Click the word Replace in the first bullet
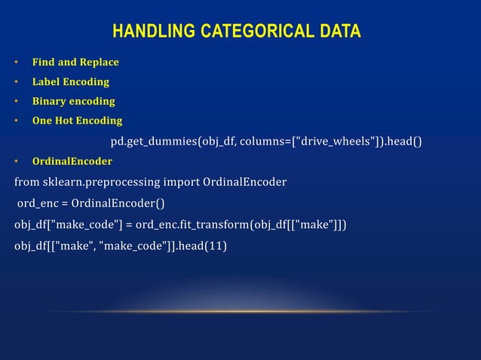[x=98, y=62]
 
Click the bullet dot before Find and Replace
[x=15, y=62]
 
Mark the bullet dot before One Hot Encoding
[x=15, y=121]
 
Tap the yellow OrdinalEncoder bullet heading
[x=72, y=161]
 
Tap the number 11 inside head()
[x=214, y=246]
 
